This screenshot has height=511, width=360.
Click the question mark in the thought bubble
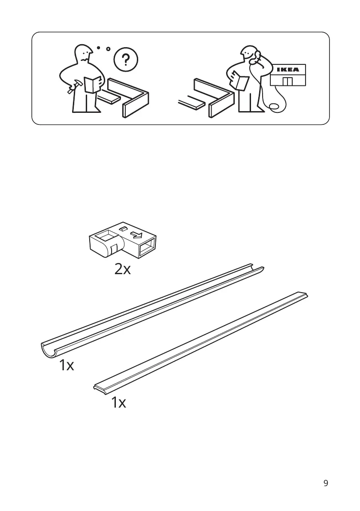[x=125, y=60]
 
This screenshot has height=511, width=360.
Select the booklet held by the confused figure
[x=92, y=84]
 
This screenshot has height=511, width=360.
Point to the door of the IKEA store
[x=287, y=82]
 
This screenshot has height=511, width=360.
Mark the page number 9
[x=326, y=484]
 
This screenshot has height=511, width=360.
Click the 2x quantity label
[x=123, y=269]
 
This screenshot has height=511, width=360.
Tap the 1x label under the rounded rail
[x=67, y=366]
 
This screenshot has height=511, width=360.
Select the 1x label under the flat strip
[x=118, y=403]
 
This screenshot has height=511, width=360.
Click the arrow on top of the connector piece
[x=137, y=236]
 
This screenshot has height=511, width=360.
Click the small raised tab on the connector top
[x=123, y=230]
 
